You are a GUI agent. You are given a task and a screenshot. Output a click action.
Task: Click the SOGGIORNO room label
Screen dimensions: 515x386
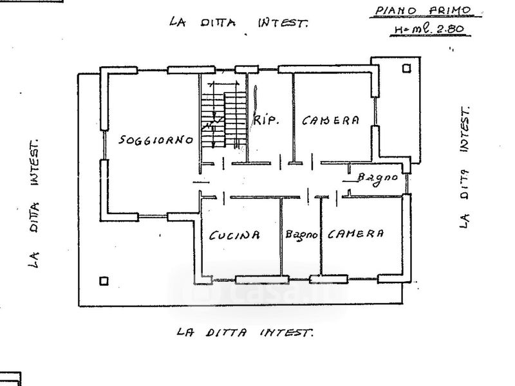[x=156, y=140]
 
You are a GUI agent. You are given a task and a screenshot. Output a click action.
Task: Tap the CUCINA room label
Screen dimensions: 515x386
[x=234, y=235]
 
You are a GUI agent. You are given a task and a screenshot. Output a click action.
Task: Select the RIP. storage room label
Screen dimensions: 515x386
[x=266, y=120]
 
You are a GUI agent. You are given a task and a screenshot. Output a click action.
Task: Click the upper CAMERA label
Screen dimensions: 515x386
[x=330, y=120]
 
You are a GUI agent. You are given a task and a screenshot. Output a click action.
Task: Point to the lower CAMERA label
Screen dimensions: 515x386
[x=355, y=234]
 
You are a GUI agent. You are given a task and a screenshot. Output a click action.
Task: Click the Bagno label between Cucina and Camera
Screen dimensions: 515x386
[x=301, y=235]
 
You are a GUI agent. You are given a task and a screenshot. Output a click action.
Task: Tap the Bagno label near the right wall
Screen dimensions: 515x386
[x=377, y=178]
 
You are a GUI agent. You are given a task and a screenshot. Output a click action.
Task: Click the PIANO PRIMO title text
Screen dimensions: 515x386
[x=424, y=11]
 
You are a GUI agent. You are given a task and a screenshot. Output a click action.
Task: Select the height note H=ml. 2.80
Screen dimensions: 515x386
[x=429, y=29]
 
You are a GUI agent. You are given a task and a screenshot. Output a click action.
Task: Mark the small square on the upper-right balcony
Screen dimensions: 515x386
[x=407, y=69]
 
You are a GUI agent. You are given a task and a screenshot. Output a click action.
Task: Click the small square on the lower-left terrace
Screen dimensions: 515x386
[x=104, y=281]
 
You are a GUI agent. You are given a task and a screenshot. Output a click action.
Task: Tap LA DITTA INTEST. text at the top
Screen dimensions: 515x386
[x=239, y=23]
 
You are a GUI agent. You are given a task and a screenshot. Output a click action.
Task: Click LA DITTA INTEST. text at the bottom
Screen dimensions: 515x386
[x=245, y=332]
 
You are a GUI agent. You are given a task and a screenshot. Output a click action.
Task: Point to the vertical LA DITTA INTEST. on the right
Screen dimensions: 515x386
[x=464, y=167]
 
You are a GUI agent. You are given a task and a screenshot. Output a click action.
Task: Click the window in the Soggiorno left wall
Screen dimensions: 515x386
[x=104, y=145]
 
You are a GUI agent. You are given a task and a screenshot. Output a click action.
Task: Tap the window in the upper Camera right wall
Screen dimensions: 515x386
[x=375, y=111]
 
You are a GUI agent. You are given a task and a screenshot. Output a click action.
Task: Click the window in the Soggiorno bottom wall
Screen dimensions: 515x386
[x=153, y=217]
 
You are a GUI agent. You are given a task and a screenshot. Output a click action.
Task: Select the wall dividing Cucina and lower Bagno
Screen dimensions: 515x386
[x=281, y=236]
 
